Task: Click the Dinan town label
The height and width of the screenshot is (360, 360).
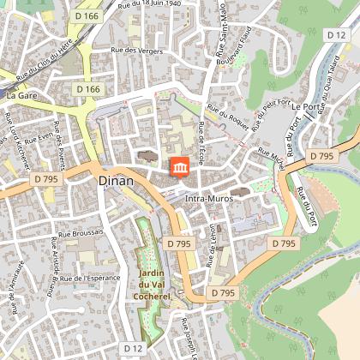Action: (x=116, y=181)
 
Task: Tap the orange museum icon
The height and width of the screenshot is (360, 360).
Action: (x=181, y=168)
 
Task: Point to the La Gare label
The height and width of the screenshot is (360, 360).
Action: (x=22, y=96)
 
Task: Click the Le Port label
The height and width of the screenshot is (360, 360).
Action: (x=308, y=106)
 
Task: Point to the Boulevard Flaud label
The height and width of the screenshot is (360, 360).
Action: (x=236, y=46)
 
